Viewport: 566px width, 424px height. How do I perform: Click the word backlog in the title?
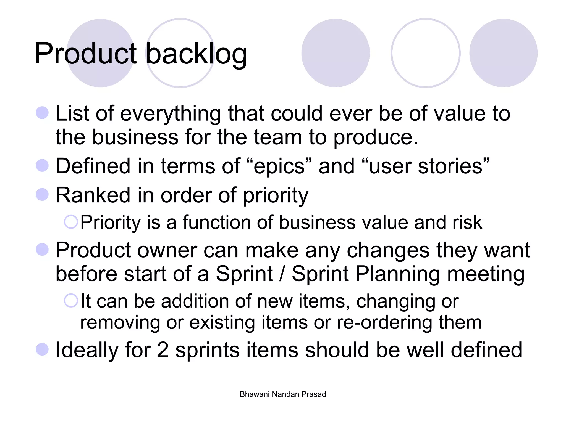196,54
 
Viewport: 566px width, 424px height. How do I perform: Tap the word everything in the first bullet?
170,114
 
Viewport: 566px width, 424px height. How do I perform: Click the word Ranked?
93,195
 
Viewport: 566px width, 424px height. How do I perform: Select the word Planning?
398,274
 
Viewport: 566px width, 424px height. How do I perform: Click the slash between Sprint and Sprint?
282,274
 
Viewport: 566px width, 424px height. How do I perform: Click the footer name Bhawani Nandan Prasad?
283,394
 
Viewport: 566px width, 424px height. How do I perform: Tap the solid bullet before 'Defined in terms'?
42,166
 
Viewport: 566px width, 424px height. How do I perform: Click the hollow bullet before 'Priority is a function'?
71,222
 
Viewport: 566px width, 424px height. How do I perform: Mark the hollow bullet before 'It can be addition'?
71,301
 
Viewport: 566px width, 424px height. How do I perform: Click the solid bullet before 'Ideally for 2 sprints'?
42,349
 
